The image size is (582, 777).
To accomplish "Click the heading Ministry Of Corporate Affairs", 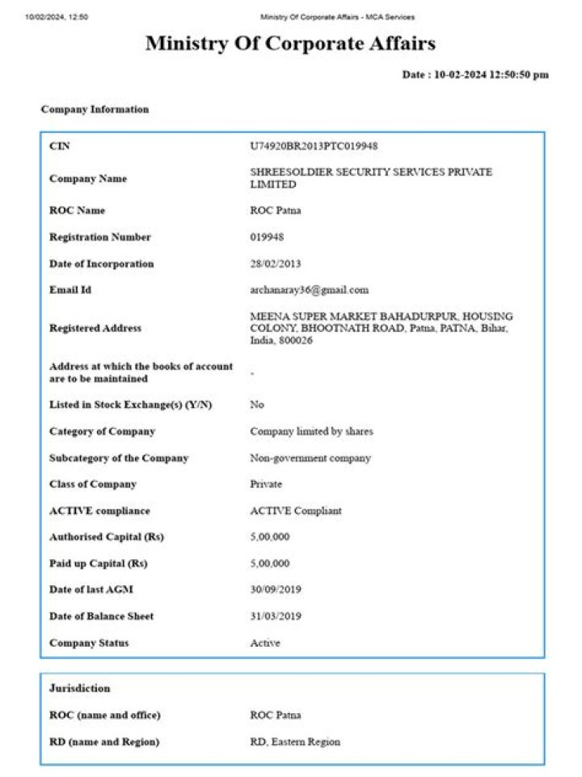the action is click(x=290, y=44).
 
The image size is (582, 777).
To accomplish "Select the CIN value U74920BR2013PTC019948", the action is click(x=314, y=146).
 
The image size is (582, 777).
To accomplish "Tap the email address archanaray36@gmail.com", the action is click(x=309, y=290).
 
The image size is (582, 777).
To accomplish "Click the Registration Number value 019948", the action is click(x=267, y=237).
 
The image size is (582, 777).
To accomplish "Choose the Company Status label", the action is click(x=89, y=643).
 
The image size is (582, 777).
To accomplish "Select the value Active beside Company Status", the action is click(x=265, y=643).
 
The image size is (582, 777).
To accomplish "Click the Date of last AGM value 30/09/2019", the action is click(x=276, y=590).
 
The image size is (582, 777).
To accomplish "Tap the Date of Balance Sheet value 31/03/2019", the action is click(x=276, y=616).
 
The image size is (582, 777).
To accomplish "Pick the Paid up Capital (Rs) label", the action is click(x=98, y=563).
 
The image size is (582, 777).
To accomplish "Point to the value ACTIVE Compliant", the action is click(x=296, y=511).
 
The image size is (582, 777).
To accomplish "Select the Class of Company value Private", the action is click(x=266, y=484).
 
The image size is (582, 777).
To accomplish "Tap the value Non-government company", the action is click(x=310, y=458).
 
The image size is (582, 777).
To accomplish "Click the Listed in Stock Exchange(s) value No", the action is click(x=257, y=404).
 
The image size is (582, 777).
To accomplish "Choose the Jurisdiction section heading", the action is click(x=79, y=688).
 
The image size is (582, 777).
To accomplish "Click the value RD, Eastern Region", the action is click(x=295, y=741).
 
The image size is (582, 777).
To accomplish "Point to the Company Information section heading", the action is click(x=95, y=109).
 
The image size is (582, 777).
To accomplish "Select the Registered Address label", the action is click(x=95, y=328).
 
